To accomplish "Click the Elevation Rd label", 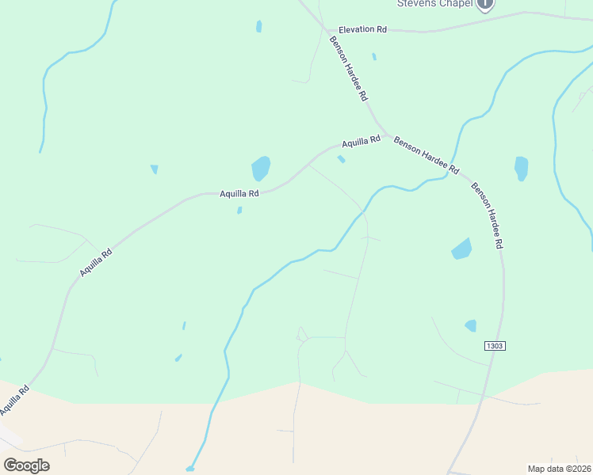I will coord(362,29).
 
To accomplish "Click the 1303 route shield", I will coord(494,346).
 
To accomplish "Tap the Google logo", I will coord(26,465).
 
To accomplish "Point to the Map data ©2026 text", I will coord(559,468).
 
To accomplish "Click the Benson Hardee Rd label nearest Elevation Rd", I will coord(350,68).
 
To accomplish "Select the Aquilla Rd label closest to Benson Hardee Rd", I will coord(361,142).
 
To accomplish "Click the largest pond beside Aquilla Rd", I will coord(260,168).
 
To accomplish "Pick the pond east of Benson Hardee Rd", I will coord(521,167).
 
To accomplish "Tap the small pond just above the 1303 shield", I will coord(471,325).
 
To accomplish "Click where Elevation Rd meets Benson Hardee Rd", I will coord(327,30).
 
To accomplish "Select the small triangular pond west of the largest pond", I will coord(154,169).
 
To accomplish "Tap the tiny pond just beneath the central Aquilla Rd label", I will coord(239,210).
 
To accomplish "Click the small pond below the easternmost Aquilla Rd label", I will coord(341,159).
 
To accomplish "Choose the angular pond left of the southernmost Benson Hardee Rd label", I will coord(461,249).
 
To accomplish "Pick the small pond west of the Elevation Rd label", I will coord(259,26).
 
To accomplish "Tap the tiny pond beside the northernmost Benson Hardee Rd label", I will coord(374,56).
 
